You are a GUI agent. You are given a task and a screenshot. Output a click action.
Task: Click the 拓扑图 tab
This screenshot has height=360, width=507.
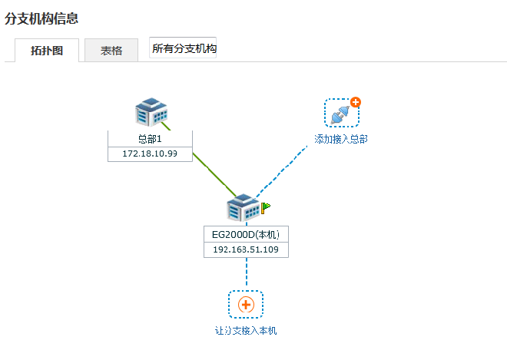47,51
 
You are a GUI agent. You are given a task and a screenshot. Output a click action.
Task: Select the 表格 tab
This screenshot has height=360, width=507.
111,51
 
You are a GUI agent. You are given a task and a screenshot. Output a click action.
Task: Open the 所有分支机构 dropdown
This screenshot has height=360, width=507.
183,48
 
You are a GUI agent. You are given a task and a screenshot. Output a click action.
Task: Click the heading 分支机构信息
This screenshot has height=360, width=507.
41,18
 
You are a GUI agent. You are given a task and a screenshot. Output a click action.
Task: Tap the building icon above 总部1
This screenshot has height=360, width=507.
151,112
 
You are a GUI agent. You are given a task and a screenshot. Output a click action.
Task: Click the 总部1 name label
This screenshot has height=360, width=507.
150,139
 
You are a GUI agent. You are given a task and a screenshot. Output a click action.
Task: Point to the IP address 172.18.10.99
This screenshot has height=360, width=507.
150,154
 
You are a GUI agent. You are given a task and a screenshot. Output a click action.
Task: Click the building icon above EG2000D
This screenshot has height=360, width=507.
244,207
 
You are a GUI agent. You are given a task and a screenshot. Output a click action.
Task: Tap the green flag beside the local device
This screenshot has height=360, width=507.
266,207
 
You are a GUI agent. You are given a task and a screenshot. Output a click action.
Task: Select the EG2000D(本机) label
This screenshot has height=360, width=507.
246,235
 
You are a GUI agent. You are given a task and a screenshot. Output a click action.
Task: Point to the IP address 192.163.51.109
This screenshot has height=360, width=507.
246,249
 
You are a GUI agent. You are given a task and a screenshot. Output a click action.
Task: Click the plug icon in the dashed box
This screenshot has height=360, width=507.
340,115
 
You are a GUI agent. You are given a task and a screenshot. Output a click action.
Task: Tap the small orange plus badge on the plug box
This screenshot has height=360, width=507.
356,102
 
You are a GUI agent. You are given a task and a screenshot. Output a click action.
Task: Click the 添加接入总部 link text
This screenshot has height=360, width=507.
341,139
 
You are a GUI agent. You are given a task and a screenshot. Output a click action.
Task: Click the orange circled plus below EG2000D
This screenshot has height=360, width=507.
246,305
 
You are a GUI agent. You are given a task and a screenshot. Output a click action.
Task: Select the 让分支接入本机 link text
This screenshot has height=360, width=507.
246,331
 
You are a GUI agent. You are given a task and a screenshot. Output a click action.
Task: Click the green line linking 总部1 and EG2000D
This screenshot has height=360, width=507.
214,174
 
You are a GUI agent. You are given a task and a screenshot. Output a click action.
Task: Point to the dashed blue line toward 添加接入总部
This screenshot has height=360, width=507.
281,171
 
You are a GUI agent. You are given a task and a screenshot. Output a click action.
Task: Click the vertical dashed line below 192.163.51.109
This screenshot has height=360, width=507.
247,272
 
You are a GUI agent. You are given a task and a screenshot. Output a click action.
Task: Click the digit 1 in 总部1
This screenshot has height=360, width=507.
159,139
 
